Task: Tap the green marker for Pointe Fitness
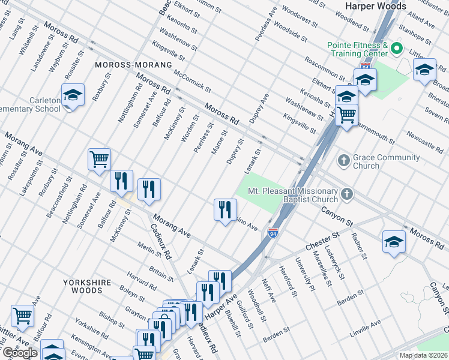click(x=396, y=47)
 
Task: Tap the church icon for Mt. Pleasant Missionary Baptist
click(x=346, y=194)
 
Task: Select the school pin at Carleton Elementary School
click(x=73, y=96)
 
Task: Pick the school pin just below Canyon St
click(x=394, y=242)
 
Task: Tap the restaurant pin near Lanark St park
click(x=225, y=210)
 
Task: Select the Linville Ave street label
click(x=366, y=324)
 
